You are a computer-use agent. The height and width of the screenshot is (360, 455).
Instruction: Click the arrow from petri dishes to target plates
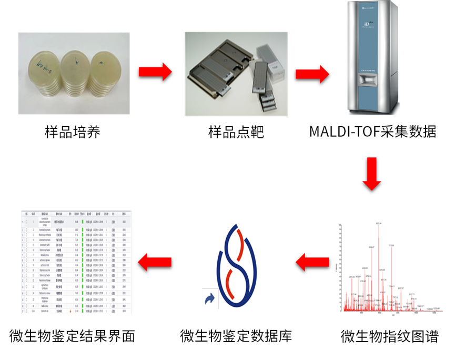(x=155, y=72)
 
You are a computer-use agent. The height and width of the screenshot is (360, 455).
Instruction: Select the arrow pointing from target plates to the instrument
(x=312, y=74)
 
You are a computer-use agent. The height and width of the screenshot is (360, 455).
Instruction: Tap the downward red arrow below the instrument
(x=372, y=174)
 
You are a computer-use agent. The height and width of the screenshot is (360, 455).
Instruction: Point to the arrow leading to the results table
(x=154, y=262)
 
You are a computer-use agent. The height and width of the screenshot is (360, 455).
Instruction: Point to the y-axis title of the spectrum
(x=337, y=268)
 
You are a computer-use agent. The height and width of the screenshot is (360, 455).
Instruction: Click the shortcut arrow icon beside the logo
(x=210, y=301)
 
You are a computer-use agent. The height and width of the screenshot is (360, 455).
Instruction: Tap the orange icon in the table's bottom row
(x=70, y=311)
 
